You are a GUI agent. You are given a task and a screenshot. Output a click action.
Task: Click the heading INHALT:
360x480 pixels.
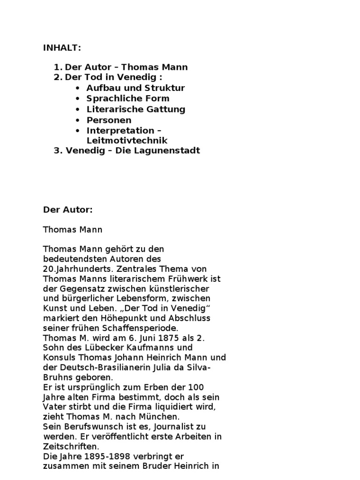point(62,47)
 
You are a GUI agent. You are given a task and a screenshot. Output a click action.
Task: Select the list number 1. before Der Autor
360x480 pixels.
point(58,67)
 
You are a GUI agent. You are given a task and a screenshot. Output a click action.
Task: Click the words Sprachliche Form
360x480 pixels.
point(128,98)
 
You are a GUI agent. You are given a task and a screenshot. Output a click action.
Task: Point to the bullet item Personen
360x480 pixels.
point(109,120)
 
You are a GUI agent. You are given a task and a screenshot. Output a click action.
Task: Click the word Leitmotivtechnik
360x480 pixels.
point(127,141)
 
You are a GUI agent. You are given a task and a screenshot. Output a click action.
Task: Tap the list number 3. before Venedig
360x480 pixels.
point(58,151)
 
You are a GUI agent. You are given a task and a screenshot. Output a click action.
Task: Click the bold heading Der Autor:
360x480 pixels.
point(68,210)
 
